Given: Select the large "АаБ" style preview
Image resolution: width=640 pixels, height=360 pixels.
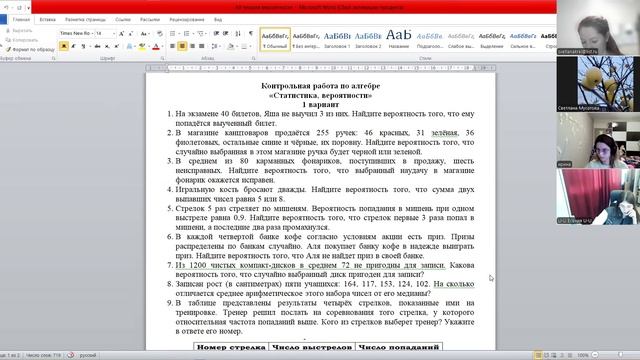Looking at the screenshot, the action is click(x=412, y=37).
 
